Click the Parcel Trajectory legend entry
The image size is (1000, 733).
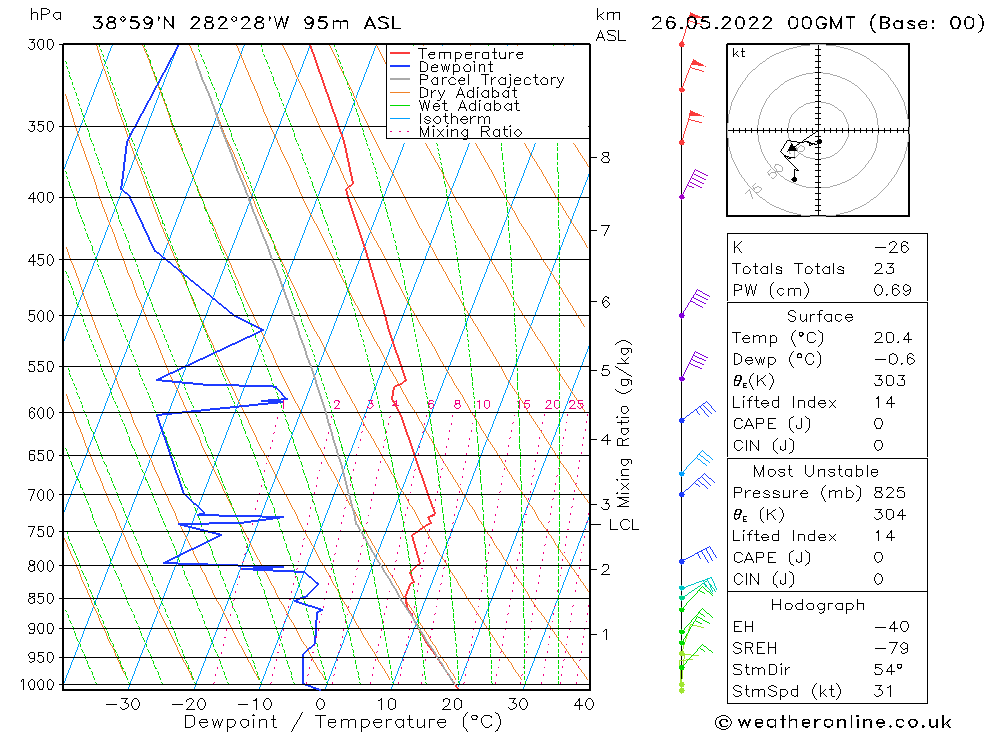click(491, 80)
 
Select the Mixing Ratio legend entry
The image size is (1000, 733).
click(470, 131)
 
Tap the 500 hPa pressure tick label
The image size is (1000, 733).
click(41, 316)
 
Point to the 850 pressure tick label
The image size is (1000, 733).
click(41, 599)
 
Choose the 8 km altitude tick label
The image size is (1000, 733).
click(605, 157)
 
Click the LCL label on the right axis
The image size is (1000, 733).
click(623, 524)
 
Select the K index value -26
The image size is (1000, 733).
click(891, 247)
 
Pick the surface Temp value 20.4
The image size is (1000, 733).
click(892, 338)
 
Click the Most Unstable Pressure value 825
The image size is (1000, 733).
click(889, 493)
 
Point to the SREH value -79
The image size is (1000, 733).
click(889, 648)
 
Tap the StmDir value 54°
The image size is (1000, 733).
click(888, 670)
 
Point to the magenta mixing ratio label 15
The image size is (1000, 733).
click(523, 405)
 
